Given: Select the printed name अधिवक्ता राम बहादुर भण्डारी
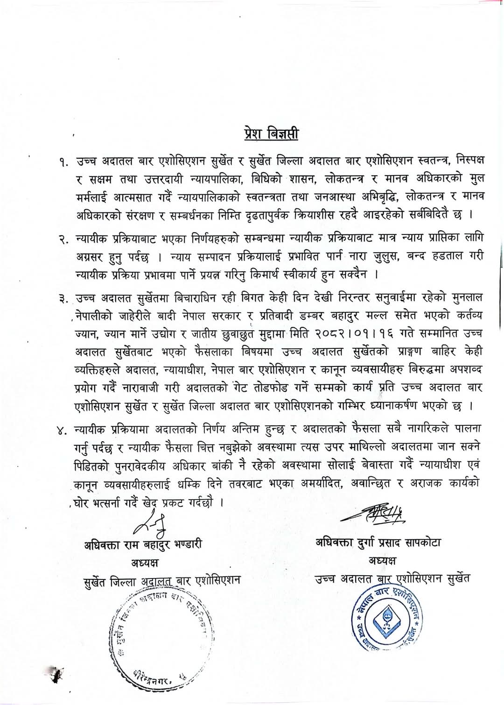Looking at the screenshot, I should (x=143, y=544).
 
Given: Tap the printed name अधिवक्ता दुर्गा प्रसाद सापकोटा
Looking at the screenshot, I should (x=378, y=543).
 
